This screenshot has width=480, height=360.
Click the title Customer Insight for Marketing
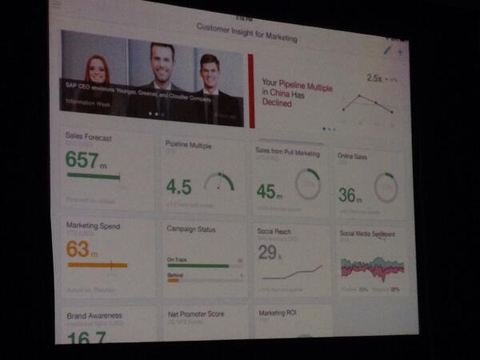[246, 38]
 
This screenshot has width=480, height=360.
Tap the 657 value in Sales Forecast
[82, 158]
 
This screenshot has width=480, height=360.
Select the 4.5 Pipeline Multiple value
[178, 186]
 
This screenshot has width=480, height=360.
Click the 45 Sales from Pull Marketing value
[266, 190]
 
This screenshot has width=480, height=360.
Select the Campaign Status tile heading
[190, 229]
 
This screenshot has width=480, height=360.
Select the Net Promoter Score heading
[197, 314]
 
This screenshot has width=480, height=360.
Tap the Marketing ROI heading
[278, 313]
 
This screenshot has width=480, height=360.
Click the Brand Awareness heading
[94, 315]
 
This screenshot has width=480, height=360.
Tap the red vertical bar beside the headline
[251, 90]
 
